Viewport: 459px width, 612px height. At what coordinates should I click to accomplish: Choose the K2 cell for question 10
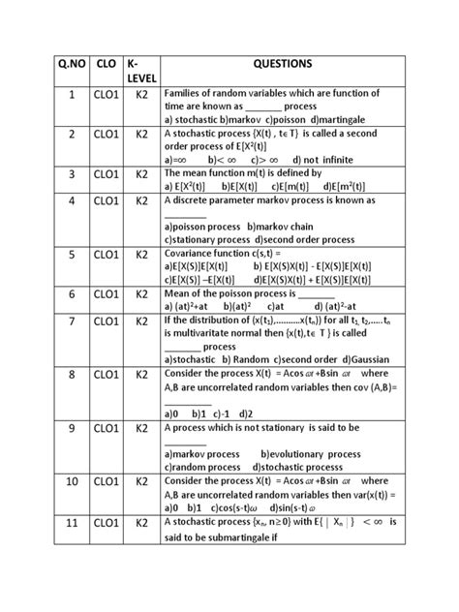[x=140, y=480]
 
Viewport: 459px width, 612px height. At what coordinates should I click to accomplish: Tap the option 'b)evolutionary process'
[x=321, y=453]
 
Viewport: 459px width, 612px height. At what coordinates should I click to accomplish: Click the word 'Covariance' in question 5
[x=191, y=253]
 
